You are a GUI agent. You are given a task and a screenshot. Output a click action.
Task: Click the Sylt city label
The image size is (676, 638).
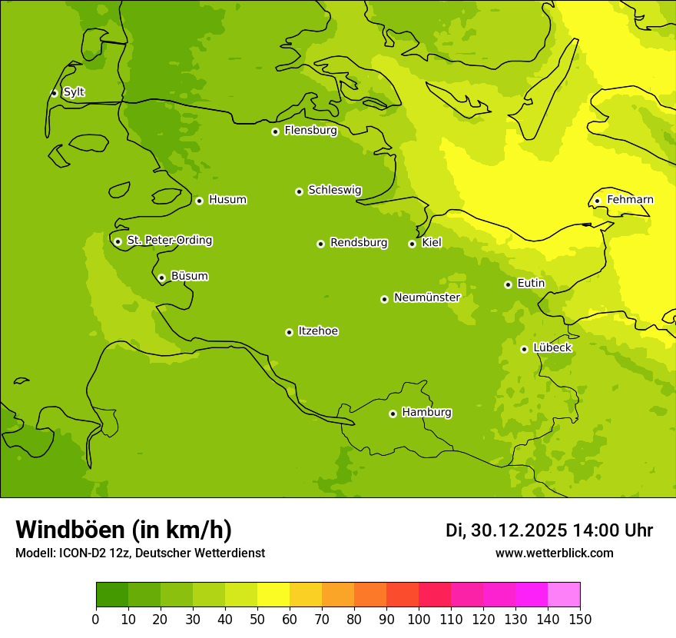click(x=74, y=92)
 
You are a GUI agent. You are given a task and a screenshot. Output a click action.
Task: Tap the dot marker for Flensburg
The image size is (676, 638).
click(x=275, y=131)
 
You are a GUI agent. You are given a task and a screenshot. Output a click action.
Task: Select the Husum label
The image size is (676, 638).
click(x=227, y=200)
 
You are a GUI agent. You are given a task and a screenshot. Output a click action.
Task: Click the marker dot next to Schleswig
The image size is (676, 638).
click(x=299, y=191)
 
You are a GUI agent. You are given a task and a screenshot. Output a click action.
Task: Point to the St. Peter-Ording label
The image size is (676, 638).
click(x=169, y=241)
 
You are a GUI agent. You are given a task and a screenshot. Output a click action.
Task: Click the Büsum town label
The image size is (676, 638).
click(x=189, y=276)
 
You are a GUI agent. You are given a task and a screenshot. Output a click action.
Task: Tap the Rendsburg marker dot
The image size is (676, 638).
click(x=320, y=244)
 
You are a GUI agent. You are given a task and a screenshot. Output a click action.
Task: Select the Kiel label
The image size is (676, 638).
click(x=432, y=243)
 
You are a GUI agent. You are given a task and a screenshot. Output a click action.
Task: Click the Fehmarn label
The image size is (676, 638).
click(x=630, y=200)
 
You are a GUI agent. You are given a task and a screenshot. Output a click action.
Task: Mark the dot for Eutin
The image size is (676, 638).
click(x=508, y=284)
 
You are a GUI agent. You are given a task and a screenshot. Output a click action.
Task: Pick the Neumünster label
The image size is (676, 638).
click(x=426, y=297)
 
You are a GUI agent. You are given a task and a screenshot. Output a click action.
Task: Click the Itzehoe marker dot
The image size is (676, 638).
click(x=289, y=332)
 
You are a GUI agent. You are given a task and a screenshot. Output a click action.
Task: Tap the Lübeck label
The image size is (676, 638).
click(x=552, y=348)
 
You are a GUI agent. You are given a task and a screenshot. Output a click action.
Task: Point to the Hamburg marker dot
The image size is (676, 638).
click(x=393, y=414)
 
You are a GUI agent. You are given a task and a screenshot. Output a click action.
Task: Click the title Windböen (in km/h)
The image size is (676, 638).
click(x=124, y=530)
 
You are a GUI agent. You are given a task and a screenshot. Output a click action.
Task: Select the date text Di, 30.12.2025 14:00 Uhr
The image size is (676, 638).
click(x=548, y=530)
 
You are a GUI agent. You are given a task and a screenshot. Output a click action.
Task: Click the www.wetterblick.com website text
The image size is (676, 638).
click(x=554, y=553)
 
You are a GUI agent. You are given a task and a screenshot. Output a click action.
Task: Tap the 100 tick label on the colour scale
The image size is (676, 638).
click(x=419, y=619)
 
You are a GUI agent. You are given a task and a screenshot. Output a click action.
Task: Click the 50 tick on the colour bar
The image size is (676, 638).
click(x=257, y=619)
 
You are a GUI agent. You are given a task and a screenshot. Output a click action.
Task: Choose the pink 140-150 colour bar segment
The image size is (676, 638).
click(x=564, y=595)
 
